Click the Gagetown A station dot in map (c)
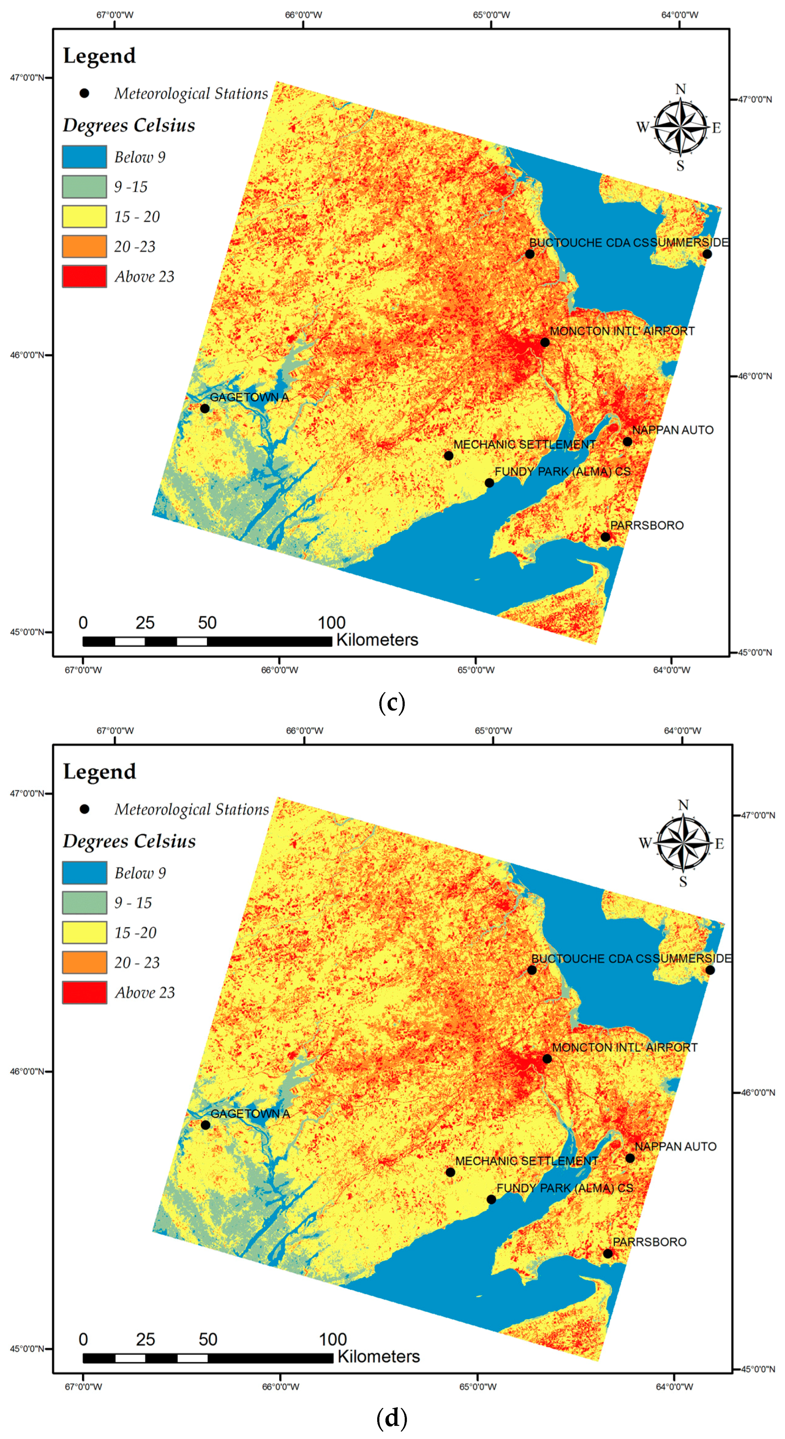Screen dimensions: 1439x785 coord(205,408)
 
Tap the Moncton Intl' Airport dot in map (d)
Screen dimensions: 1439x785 coord(547,1059)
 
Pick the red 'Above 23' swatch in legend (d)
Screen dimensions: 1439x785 coord(85,992)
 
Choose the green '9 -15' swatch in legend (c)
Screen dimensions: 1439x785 coord(85,186)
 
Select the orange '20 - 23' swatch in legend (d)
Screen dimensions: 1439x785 coord(85,962)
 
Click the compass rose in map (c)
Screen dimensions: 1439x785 coord(680,127)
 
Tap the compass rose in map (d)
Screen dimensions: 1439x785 coord(683,843)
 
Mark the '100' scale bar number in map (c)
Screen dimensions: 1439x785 coord(331,623)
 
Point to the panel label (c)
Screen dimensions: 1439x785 coord(391,702)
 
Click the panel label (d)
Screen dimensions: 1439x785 coord(391,1418)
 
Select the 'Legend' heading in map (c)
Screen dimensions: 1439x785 coord(100,56)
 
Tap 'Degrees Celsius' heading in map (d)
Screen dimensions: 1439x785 coord(129,841)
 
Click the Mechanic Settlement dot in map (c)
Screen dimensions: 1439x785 coord(448,455)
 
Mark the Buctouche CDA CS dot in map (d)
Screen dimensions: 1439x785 coord(532,970)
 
